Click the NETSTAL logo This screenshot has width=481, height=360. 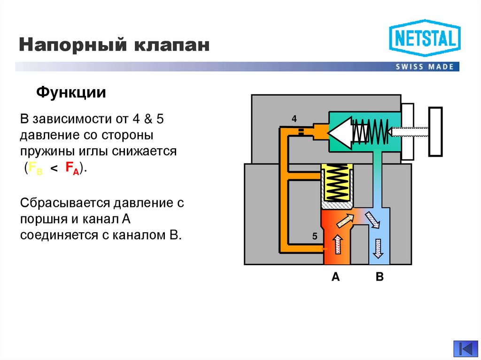click(425, 38)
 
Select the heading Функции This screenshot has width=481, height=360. click(71, 92)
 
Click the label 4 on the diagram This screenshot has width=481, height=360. click(294, 119)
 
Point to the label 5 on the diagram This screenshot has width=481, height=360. click(314, 236)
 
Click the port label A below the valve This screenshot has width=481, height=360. click(335, 277)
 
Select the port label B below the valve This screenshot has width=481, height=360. click(380, 277)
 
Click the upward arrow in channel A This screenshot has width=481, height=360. click(336, 245)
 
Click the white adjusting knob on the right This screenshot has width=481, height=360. click(435, 132)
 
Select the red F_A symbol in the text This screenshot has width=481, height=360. click(72, 168)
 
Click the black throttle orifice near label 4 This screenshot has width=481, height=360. click(301, 131)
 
